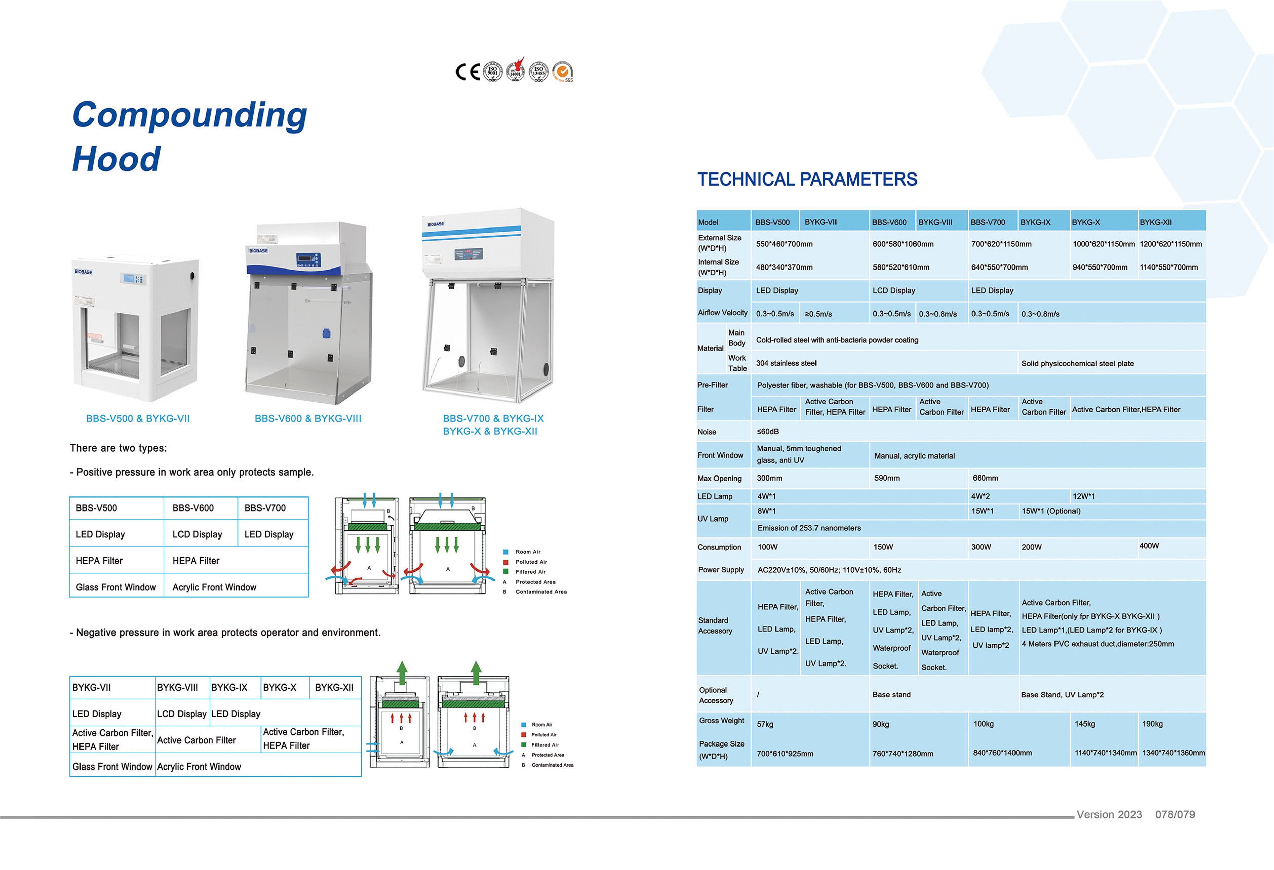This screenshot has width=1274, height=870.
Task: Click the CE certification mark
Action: coord(468,72)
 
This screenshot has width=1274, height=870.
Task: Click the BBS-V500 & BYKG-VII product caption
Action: coord(137,419)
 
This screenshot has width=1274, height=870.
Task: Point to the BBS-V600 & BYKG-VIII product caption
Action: coord(308,419)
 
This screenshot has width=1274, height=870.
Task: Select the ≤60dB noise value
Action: coord(767,432)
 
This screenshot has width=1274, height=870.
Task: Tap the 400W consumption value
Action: coord(1149,546)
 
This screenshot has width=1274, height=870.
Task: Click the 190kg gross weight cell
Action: coord(1152,724)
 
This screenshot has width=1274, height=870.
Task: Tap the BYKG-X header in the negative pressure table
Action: coord(280,688)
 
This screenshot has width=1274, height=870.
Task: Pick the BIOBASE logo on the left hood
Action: coord(83,272)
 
